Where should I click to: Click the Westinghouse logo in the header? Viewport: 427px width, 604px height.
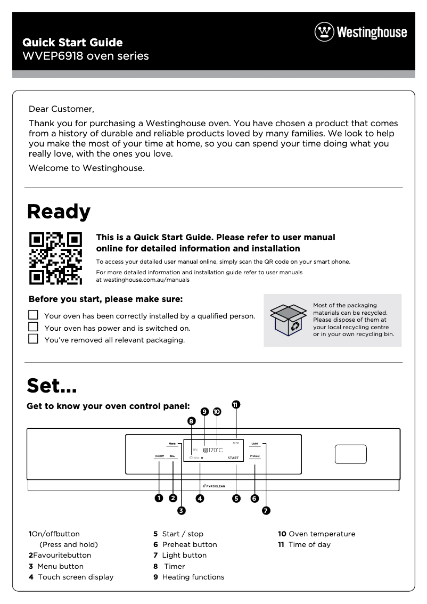coord(361,32)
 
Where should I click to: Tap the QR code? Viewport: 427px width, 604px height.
coord(55,258)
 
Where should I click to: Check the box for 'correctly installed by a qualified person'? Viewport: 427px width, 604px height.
coord(34,315)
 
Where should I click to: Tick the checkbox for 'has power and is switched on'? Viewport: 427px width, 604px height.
coord(34,327)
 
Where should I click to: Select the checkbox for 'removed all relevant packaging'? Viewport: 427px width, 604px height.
coord(34,339)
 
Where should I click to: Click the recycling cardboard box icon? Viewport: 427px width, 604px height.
coord(288,320)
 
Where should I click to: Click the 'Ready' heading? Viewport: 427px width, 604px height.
coord(59,211)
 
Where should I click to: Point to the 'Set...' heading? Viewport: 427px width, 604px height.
coord(52,384)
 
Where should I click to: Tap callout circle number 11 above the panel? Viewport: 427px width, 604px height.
coord(236,404)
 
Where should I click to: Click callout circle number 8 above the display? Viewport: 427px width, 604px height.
coord(192,421)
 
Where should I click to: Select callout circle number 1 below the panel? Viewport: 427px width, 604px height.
coord(159,499)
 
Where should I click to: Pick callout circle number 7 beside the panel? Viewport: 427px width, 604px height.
coord(266,511)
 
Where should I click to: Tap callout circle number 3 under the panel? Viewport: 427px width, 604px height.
coord(181,511)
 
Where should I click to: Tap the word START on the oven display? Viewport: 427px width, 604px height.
coord(233,458)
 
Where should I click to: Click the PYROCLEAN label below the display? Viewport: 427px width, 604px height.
coord(214,486)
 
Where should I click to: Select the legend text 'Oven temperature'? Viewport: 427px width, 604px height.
coord(322,534)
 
